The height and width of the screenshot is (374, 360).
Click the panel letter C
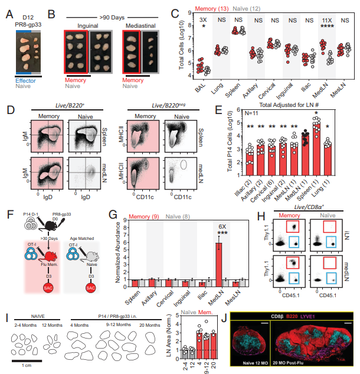click(175, 11)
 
